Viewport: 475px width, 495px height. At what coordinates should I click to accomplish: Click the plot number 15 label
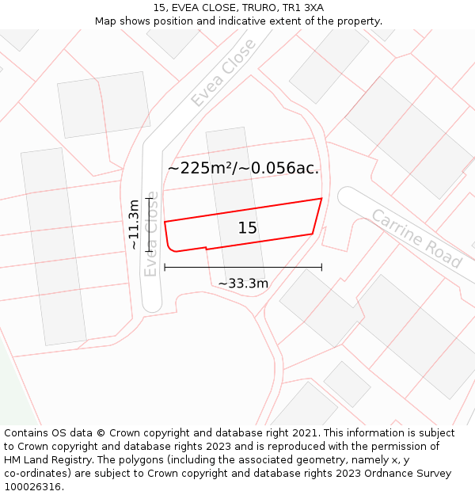(247, 228)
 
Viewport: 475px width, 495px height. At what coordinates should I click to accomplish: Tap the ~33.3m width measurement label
(243, 283)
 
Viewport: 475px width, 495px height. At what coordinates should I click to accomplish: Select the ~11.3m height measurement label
(134, 224)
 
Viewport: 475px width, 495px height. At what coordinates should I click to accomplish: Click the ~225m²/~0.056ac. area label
(243, 168)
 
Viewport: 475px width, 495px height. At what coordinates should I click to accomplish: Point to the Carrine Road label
(416, 238)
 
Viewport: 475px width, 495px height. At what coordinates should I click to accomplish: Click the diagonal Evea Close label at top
(223, 72)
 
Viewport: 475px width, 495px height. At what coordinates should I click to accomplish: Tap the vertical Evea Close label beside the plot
(150, 234)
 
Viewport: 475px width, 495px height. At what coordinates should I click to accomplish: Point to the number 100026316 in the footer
(32, 487)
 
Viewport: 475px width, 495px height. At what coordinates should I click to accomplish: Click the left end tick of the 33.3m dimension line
(165, 267)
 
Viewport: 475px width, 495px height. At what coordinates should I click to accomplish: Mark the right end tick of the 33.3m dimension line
(321, 267)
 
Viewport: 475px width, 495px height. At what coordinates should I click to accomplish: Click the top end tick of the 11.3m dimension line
(148, 198)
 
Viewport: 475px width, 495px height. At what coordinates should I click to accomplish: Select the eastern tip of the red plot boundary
(321, 199)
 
